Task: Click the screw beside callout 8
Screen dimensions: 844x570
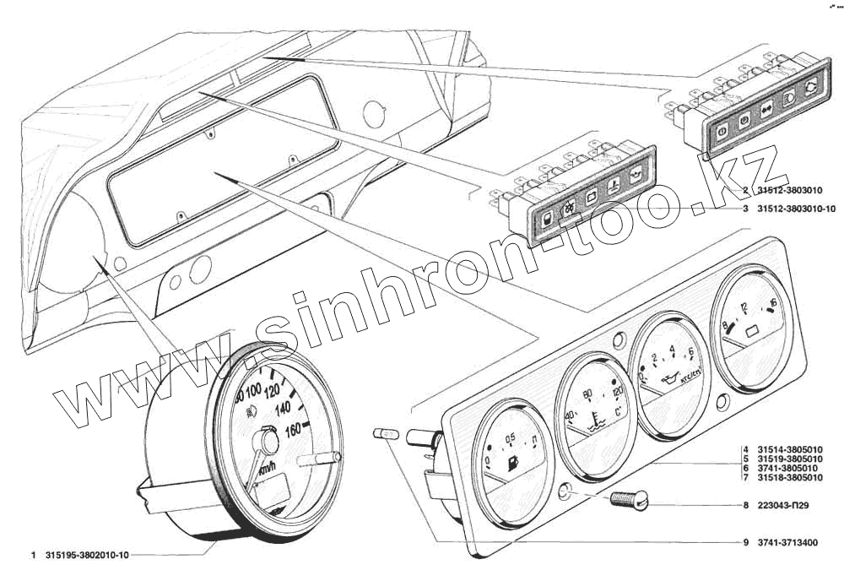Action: tap(629, 500)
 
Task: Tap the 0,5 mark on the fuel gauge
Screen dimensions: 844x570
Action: tap(509, 438)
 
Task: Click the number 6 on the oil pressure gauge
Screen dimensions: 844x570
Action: tap(691, 352)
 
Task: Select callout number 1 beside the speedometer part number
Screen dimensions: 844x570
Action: tap(32, 555)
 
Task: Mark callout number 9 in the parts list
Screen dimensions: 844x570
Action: tap(746, 542)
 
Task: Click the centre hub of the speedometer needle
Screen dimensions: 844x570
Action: tap(268, 440)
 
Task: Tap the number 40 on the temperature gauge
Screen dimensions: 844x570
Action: tap(570, 415)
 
